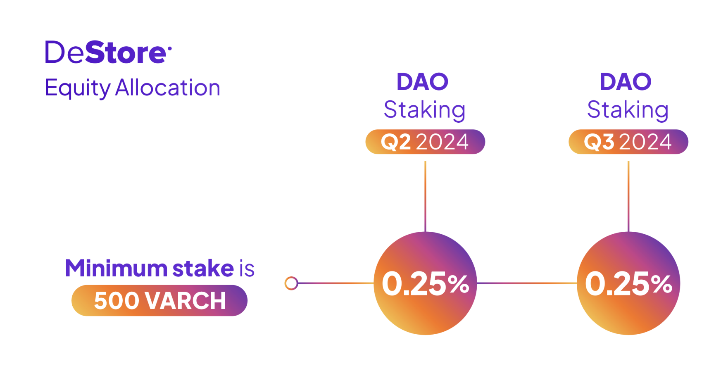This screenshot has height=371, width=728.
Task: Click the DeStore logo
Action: pyautogui.click(x=108, y=52)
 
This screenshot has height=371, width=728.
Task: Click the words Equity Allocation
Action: pyautogui.click(x=133, y=88)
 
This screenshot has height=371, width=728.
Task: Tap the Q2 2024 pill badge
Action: pyautogui.click(x=425, y=142)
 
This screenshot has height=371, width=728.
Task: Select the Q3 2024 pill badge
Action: pyautogui.click(x=628, y=142)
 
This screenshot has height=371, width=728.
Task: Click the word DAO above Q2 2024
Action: pyautogui.click(x=422, y=82)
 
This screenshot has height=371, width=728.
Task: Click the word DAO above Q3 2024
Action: pyautogui.click(x=626, y=82)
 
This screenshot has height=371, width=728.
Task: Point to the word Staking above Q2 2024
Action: pyautogui.click(x=425, y=110)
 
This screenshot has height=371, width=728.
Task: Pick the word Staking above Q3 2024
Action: pyautogui.click(x=628, y=110)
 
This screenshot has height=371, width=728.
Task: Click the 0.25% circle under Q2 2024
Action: pyautogui.click(x=425, y=283)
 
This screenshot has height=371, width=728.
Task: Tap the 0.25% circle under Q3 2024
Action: pyautogui.click(x=628, y=283)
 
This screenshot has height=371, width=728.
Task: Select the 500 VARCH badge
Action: pyautogui.click(x=159, y=300)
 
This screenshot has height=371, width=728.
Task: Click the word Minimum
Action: pyautogui.click(x=116, y=268)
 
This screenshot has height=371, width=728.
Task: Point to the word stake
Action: pyautogui.click(x=203, y=268)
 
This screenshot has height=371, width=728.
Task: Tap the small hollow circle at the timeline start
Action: pyautogui.click(x=291, y=283)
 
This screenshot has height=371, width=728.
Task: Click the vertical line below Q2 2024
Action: pyautogui.click(x=425, y=196)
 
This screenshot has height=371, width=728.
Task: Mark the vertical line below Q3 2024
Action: pyautogui.click(x=628, y=196)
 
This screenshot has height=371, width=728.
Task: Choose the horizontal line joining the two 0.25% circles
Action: pyautogui.click(x=527, y=283)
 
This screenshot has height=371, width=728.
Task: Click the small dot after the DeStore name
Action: pyautogui.click(x=169, y=49)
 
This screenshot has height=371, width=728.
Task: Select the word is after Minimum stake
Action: pyautogui.click(x=247, y=269)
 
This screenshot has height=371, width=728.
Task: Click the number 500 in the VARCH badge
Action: pyautogui.click(x=116, y=300)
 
